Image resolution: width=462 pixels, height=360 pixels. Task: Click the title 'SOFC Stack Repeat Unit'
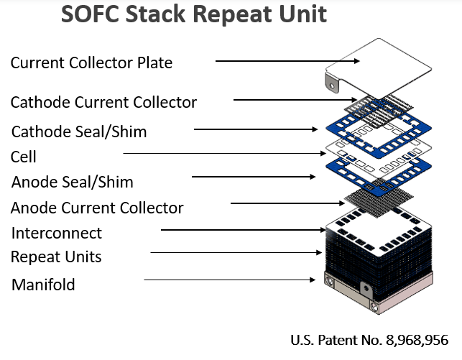click(194, 14)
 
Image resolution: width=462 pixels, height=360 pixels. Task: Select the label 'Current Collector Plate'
click(91, 63)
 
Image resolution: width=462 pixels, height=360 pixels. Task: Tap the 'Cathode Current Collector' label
click(103, 102)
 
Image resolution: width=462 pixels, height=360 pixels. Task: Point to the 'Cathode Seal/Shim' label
click(79, 131)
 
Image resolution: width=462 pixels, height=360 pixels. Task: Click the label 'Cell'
click(23, 157)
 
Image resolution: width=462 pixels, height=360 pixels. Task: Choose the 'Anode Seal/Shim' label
click(72, 182)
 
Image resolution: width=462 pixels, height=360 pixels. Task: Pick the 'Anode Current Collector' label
click(97, 208)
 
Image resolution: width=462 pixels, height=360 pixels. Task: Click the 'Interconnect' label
click(57, 233)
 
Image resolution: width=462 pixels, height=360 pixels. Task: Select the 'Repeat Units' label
click(56, 257)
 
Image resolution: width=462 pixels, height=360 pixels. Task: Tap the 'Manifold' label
click(43, 285)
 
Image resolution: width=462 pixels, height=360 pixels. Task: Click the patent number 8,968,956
click(417, 340)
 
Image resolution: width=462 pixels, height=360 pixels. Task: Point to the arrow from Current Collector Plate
click(287, 61)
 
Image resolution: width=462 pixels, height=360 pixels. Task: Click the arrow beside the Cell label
click(224, 153)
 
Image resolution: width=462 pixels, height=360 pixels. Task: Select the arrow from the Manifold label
click(229, 280)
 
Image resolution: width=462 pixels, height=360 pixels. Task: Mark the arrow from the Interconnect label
click(243, 230)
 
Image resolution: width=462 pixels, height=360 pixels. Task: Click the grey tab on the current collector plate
click(332, 83)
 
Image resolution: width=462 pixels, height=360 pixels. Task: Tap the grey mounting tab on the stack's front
click(366, 288)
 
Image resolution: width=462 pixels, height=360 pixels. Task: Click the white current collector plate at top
click(379, 68)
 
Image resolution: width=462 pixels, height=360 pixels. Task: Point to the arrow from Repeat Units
click(236, 252)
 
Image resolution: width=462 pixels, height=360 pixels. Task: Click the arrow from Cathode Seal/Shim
click(256, 129)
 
